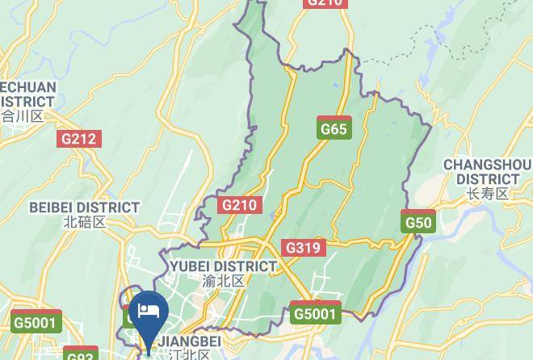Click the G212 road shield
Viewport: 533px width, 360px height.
point(78,139)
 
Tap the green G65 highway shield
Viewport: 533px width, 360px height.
point(334,128)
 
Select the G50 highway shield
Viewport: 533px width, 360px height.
point(418,223)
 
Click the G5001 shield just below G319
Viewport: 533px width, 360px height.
point(316,313)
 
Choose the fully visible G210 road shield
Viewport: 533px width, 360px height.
point(239,205)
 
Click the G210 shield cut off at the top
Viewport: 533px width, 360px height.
point(325,3)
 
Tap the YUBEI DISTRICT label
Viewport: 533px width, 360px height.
point(223,266)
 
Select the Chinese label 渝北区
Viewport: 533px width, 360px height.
point(223,282)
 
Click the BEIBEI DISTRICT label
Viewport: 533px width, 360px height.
point(84,207)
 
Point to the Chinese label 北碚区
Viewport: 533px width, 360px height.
point(84,222)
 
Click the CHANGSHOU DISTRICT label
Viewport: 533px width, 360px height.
point(487,172)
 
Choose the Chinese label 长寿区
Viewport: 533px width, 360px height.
point(487,194)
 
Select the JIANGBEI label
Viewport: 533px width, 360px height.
point(188,341)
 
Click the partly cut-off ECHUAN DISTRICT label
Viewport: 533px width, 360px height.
point(27,94)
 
